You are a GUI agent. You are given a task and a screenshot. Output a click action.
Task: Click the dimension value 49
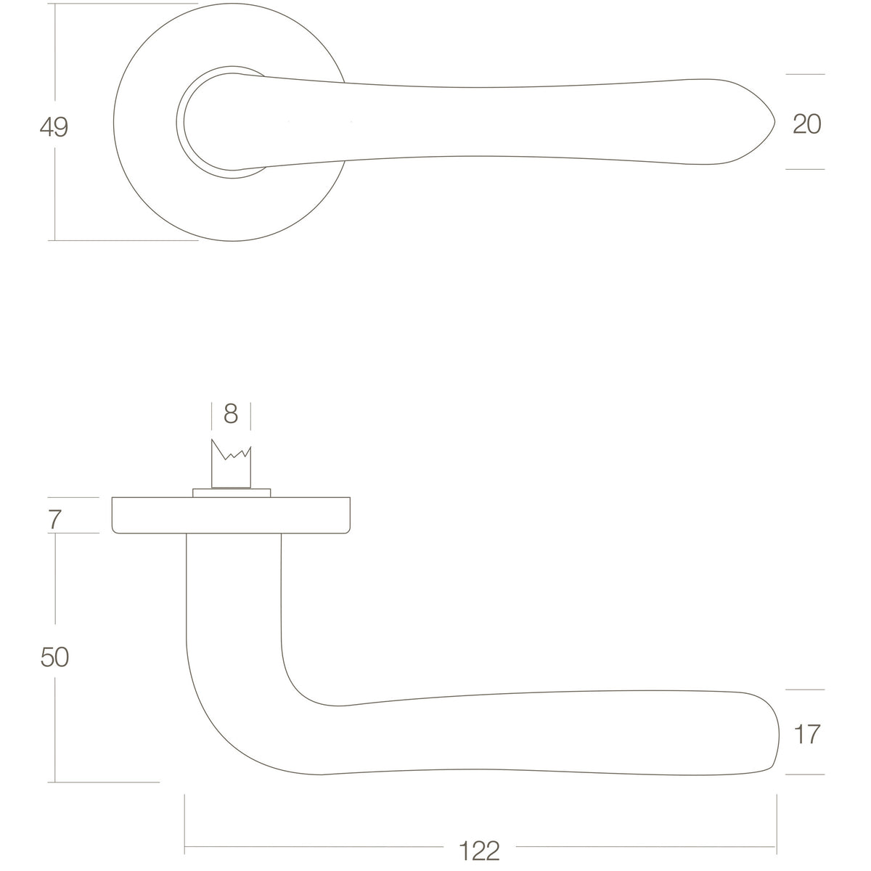[54, 127]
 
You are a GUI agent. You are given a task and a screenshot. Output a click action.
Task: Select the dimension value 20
[807, 124]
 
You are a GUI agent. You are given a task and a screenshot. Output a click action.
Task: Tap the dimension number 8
[231, 414]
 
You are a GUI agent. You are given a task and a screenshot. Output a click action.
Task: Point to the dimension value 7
[54, 520]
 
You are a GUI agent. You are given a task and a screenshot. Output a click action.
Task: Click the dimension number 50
[54, 657]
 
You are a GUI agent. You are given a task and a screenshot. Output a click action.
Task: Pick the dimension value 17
[807, 735]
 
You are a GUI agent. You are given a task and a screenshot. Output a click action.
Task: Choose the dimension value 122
[480, 851]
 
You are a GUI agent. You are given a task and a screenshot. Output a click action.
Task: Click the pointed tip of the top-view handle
[774, 123]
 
